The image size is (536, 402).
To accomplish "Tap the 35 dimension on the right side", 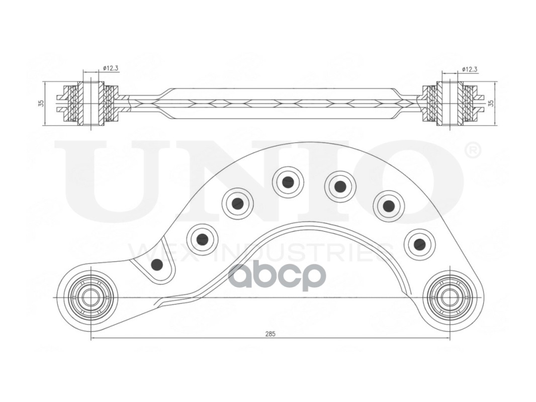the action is pyautogui.click(x=491, y=103).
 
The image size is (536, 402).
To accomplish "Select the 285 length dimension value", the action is pyautogui.click(x=270, y=333).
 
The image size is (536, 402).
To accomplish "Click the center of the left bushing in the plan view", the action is pyautogui.click(x=88, y=297).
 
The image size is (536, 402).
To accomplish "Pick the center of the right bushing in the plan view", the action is pyautogui.click(x=446, y=297).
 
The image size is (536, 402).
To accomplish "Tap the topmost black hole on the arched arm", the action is pyautogui.click(x=288, y=182).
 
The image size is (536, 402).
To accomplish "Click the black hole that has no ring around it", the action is pyautogui.click(x=157, y=264).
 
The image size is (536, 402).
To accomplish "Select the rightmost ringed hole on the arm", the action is pyautogui.click(x=419, y=245).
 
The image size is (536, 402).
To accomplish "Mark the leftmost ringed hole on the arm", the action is pyautogui.click(x=202, y=240).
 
